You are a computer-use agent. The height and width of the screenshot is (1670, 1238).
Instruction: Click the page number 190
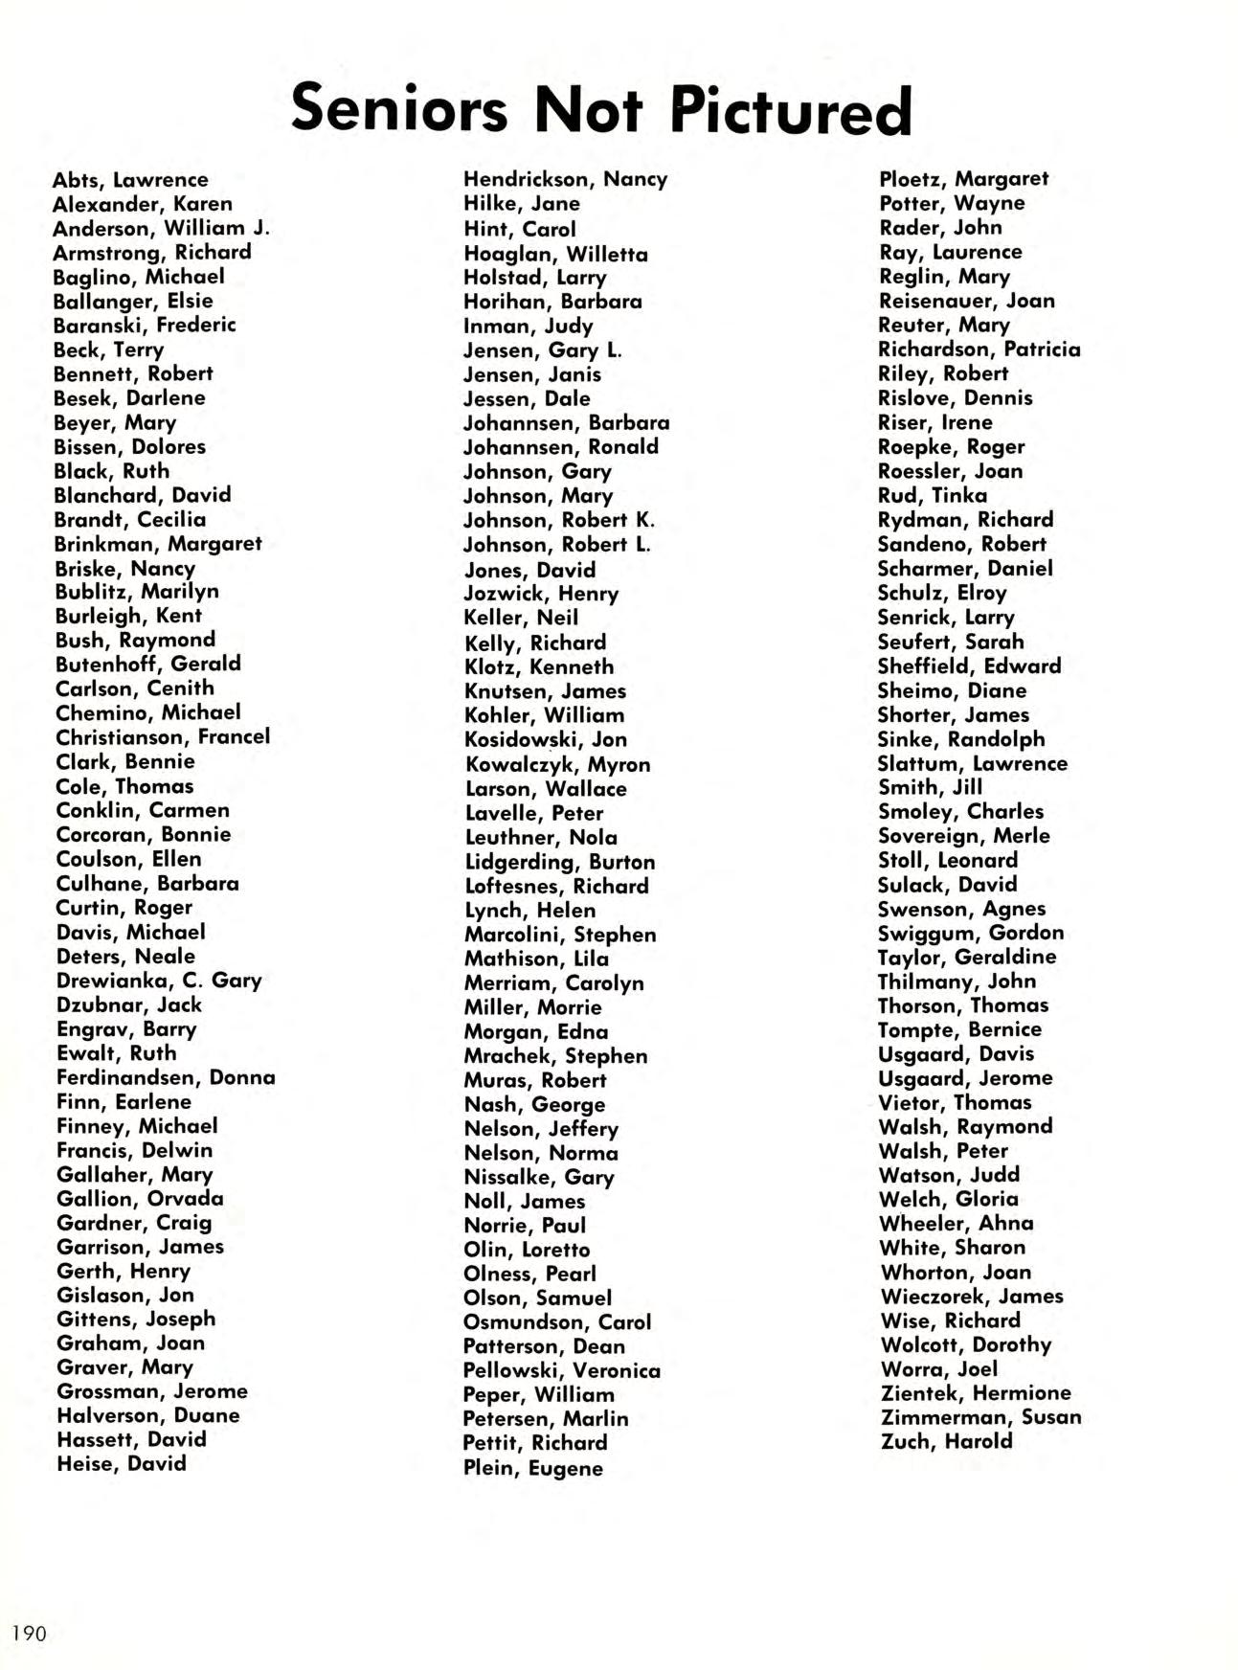29,1633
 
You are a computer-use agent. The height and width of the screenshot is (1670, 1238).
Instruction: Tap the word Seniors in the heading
399,107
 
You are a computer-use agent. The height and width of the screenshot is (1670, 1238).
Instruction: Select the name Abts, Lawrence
130,180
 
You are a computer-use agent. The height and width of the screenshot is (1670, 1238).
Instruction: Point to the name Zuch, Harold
946,1441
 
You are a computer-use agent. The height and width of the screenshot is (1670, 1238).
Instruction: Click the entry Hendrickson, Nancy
565,179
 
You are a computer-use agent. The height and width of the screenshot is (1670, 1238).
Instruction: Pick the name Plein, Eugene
533,1468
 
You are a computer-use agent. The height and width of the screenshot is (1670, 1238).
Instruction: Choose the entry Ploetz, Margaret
963,179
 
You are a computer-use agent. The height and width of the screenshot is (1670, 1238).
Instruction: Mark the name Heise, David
122,1463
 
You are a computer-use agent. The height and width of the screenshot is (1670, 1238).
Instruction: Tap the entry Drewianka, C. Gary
159,981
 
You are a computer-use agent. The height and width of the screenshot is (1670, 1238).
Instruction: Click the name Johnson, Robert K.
559,520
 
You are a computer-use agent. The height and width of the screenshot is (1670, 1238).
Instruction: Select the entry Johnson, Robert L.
557,545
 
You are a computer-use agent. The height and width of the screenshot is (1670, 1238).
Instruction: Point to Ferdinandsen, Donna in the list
166,1077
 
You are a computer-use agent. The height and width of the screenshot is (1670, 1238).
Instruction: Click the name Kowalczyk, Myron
557,764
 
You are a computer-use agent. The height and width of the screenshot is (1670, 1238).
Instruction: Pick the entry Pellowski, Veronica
562,1370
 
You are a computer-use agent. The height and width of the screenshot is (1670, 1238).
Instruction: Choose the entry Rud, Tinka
932,495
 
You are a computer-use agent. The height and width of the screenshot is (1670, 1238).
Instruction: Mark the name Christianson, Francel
163,737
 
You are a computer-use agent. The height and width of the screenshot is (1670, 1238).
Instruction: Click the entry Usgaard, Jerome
965,1078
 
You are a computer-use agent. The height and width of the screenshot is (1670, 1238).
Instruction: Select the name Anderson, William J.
161,228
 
